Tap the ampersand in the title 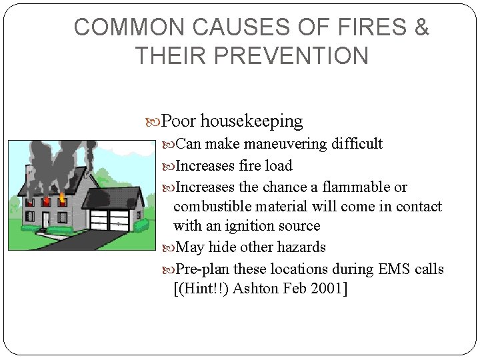tap(422, 27)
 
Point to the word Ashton tap(250, 289)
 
